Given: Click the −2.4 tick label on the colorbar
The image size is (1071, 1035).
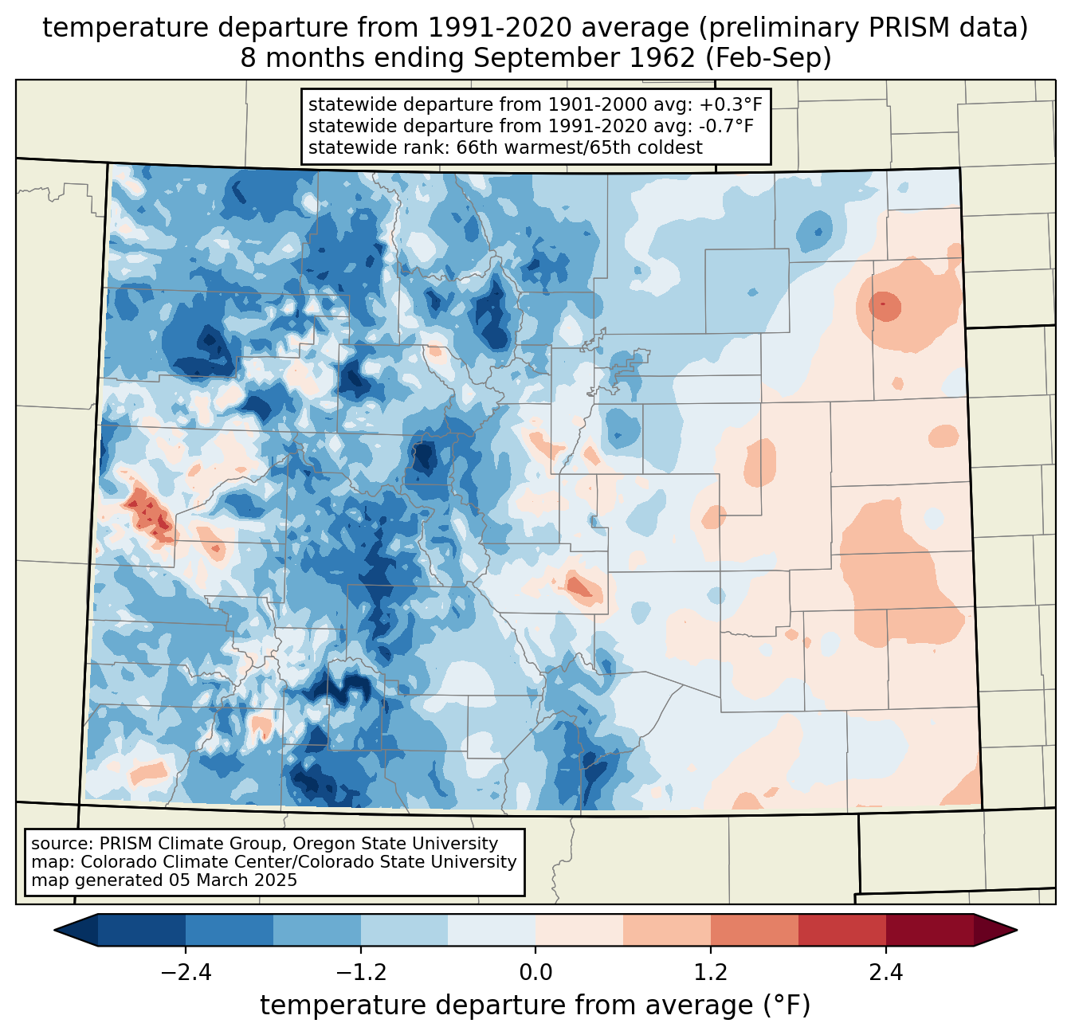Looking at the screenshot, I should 186,973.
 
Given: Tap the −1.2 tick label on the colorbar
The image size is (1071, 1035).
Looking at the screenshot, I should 360,973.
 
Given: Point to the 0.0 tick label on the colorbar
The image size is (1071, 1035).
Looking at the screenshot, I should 535,973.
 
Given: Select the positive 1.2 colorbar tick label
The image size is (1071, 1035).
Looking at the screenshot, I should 711,973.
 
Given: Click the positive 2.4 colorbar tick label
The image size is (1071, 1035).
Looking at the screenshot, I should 885,973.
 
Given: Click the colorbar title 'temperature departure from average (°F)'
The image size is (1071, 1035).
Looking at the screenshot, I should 535,1006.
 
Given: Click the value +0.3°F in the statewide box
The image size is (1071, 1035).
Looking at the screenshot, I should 732,104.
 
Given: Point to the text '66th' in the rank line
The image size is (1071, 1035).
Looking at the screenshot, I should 477,147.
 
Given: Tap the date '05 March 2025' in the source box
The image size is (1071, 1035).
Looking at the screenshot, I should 232,880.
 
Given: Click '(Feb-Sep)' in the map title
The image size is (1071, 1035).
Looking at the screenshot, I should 769,58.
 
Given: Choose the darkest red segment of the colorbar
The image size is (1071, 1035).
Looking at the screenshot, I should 929,930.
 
